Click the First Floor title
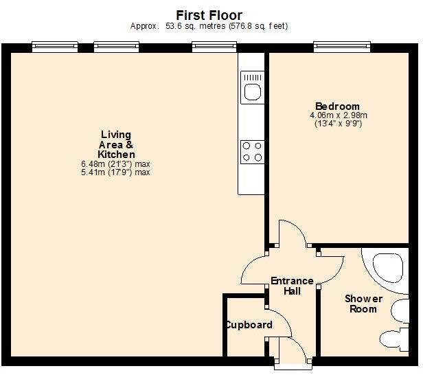coord(209,15)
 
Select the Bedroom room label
coord(337,106)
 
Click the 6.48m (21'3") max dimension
coord(115,164)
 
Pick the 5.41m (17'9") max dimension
coord(115,172)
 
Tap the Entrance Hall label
coord(292,286)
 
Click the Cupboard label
coord(249,324)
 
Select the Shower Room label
coord(363,304)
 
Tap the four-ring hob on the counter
coord(252,151)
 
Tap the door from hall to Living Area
coord(254,268)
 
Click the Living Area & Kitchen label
coord(115,145)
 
